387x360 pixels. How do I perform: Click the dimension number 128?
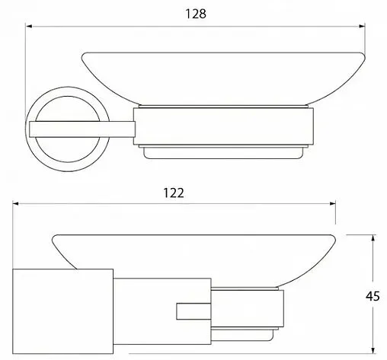[x=196, y=14]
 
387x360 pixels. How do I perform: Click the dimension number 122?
[x=174, y=193]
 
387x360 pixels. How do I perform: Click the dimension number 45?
[x=373, y=296]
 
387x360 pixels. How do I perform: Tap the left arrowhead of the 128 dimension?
[x=29, y=26]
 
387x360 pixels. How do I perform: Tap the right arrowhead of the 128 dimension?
[x=362, y=26]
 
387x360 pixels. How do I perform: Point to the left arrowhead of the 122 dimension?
[x=16, y=204]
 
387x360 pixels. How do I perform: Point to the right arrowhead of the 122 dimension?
[x=332, y=204]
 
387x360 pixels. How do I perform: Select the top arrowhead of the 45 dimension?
[x=373, y=238]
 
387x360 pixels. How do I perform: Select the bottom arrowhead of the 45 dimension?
[x=373, y=350]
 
